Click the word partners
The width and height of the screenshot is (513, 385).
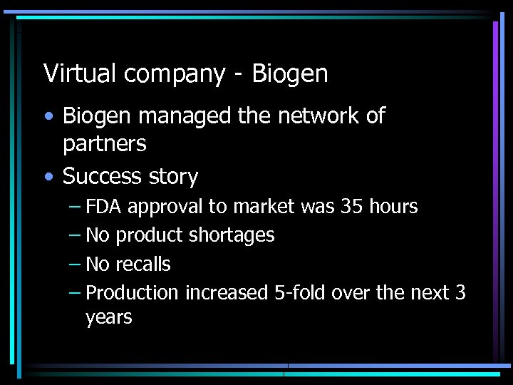pos(104,145)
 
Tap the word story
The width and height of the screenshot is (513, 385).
pos(175,177)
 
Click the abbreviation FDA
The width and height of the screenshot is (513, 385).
pos(105,207)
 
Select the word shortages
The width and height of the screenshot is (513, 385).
pos(230,236)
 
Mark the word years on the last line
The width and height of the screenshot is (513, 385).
pos(109,317)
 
